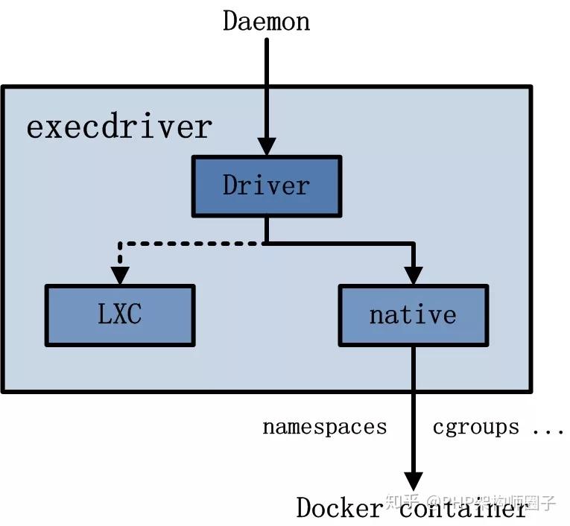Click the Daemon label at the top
(266, 21)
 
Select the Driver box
(266, 186)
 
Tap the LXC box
(119, 315)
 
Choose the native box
(413, 315)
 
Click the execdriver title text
(119, 127)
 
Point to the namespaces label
(324, 428)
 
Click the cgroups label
(475, 428)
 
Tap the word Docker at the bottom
(338, 508)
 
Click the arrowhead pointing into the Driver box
(266, 146)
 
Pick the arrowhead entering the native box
(413, 275)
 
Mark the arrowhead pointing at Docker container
(413, 481)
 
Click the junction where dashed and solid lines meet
(266, 243)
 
